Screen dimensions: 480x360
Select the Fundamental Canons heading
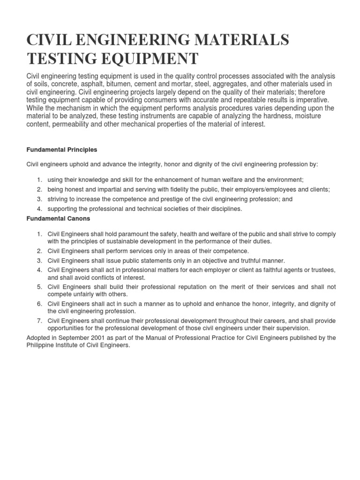click(57, 218)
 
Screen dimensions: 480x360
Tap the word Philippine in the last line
click(41, 345)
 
